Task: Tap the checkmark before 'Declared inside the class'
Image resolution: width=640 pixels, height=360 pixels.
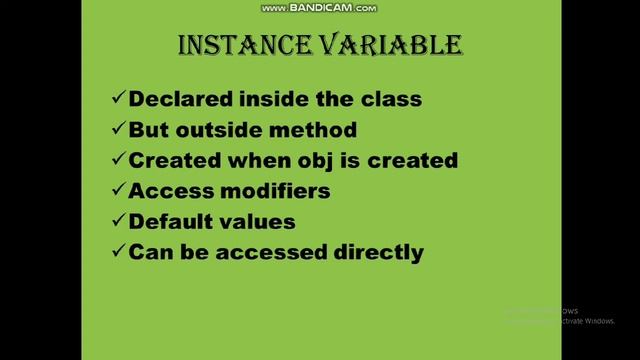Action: click(x=118, y=99)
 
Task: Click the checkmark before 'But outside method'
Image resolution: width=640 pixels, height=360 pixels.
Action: click(x=118, y=130)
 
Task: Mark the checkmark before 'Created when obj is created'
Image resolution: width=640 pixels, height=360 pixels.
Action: click(x=118, y=160)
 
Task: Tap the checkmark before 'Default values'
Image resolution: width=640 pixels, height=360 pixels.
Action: click(x=118, y=221)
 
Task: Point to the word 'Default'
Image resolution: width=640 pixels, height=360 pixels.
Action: click(x=168, y=221)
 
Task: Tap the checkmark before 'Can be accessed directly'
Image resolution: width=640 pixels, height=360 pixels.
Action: click(x=118, y=252)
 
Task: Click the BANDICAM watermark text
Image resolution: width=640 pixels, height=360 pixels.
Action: click(x=319, y=8)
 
